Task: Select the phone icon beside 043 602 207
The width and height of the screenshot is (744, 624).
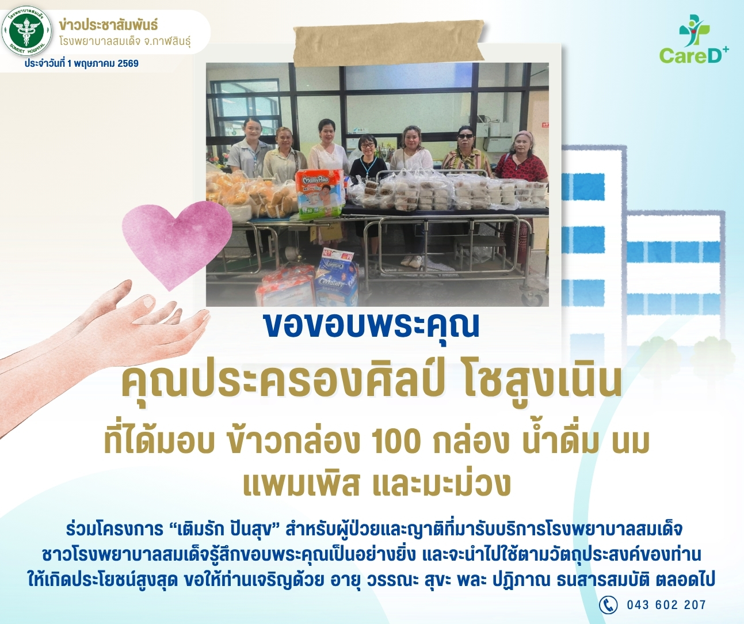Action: click(x=608, y=605)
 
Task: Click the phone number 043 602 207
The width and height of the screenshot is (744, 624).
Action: click(x=666, y=605)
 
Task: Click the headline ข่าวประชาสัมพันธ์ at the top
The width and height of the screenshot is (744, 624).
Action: click(x=108, y=25)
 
